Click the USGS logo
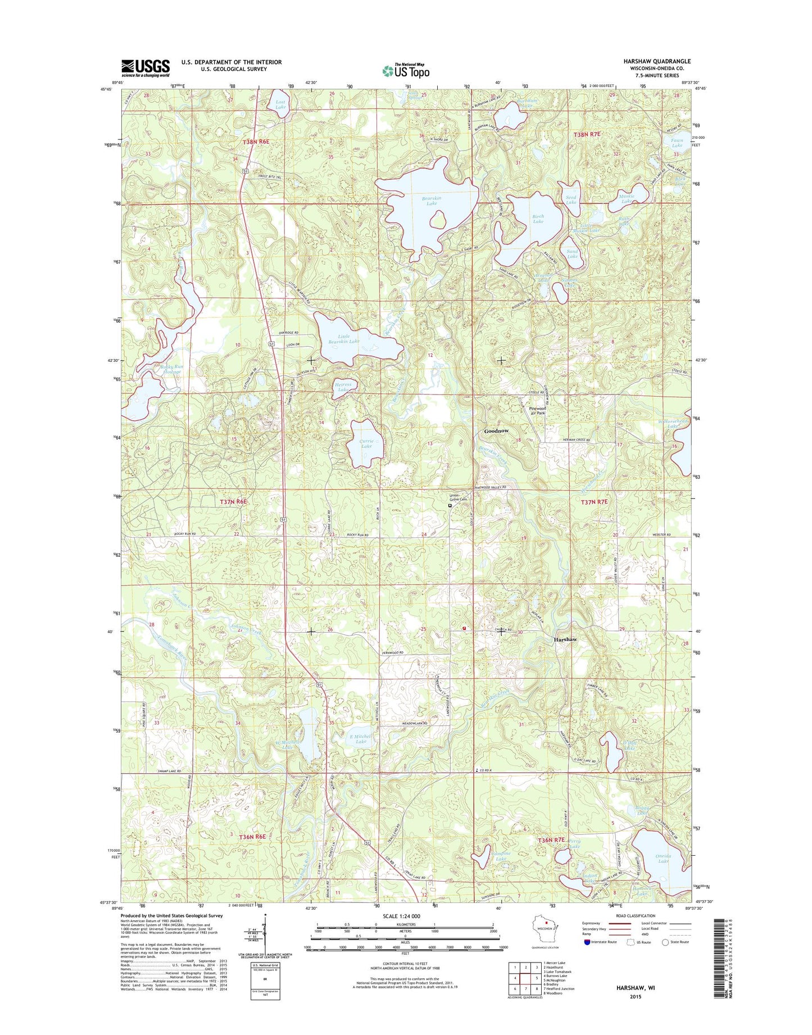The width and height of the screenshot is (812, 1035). (145, 68)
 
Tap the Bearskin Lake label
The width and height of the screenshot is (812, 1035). (431, 201)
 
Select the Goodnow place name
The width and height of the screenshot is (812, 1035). (496, 431)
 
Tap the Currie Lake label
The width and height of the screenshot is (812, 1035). (366, 444)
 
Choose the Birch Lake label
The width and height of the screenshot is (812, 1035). (538, 219)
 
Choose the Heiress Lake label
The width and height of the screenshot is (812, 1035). (343, 387)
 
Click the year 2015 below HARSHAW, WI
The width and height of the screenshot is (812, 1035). (635, 997)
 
